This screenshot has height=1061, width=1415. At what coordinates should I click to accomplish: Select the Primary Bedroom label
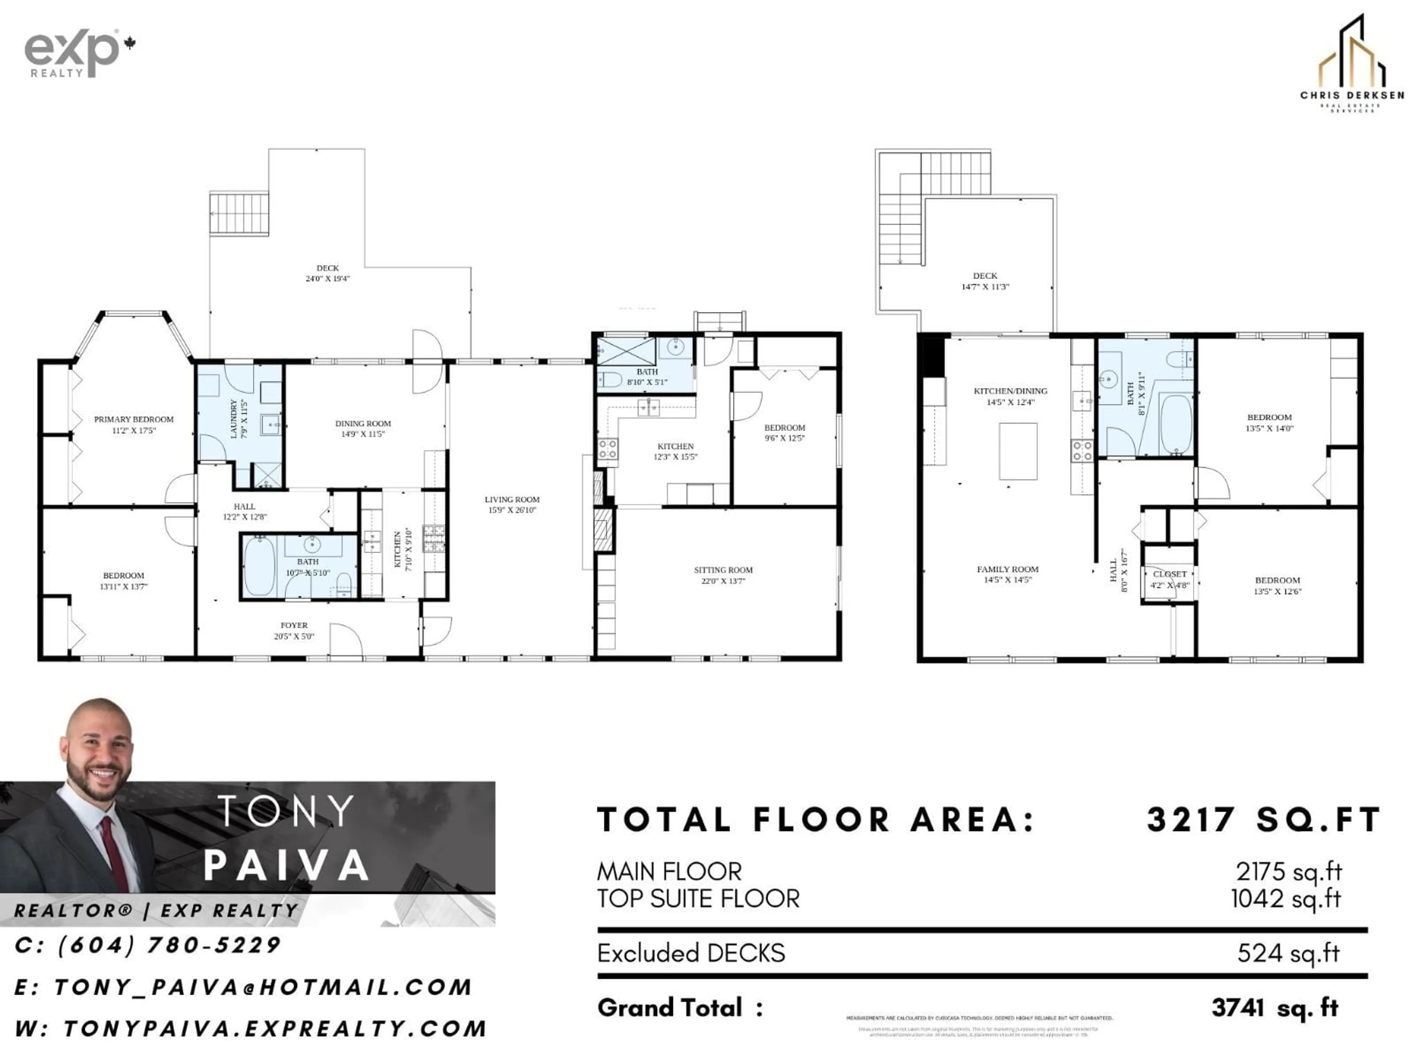[134, 420]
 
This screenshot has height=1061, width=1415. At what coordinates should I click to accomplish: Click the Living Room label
[512, 500]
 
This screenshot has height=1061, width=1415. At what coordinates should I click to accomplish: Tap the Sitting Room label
[723, 570]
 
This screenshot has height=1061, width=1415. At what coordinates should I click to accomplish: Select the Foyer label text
[294, 625]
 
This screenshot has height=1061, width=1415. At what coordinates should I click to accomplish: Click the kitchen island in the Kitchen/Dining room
[1019, 451]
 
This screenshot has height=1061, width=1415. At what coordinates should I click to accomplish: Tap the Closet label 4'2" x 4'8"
[1170, 579]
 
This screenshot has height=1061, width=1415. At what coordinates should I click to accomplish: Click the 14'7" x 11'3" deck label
[985, 281]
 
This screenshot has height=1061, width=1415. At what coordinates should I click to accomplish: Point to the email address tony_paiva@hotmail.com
[262, 987]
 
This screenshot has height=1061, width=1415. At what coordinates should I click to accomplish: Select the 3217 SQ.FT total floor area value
[1264, 820]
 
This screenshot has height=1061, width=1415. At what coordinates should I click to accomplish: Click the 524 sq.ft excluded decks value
[1288, 953]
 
